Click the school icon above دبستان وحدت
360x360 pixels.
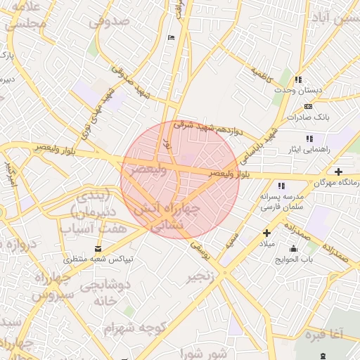coord(298,80)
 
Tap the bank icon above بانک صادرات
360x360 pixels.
coord(308,105)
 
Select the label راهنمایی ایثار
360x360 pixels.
coord(307,150)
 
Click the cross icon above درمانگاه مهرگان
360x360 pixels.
coord(339,172)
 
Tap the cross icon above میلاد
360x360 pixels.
coord(266,233)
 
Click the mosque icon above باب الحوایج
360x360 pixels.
coord(293,248)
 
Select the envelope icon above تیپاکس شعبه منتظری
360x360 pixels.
coord(98,247)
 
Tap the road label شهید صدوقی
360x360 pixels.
coord(129,82)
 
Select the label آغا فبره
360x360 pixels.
coord(322,334)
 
